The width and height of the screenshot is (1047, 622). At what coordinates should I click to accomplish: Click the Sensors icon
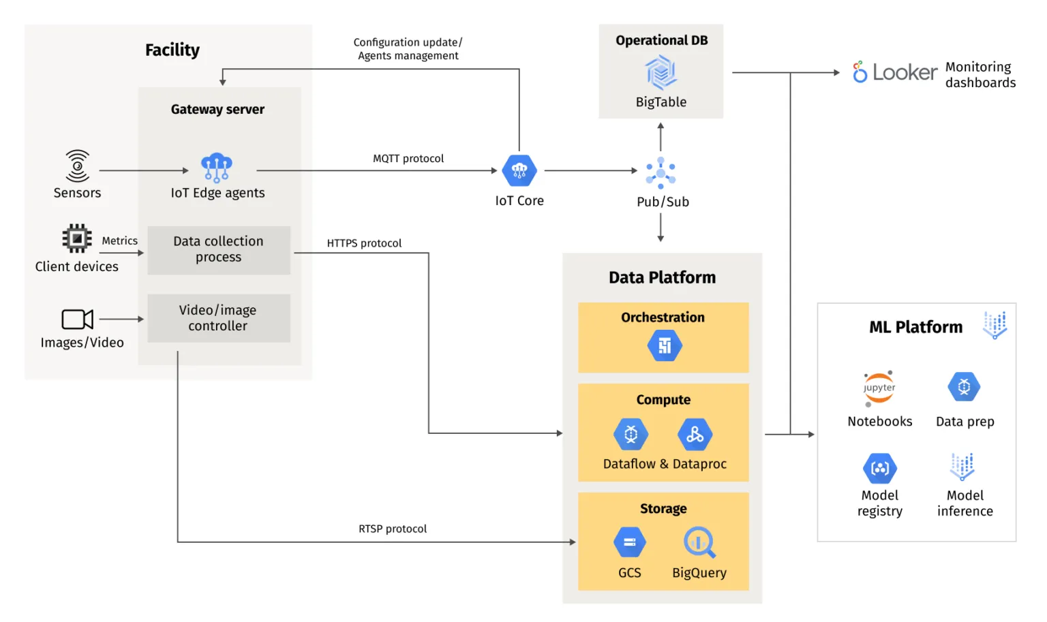[x=77, y=166]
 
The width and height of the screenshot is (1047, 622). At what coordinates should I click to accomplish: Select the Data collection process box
[x=219, y=250]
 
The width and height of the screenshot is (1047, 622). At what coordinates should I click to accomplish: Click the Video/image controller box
[x=219, y=318]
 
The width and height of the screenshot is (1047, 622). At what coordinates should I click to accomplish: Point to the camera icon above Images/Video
[x=77, y=319]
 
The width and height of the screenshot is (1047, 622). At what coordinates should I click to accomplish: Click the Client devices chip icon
[x=77, y=238]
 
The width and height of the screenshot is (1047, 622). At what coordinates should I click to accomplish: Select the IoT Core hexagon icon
[x=519, y=170]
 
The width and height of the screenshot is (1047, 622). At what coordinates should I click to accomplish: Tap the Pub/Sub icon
[x=661, y=172]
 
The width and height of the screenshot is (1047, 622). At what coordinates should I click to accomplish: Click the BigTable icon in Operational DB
[x=661, y=73]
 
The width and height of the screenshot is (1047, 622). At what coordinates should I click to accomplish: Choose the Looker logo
[x=895, y=72]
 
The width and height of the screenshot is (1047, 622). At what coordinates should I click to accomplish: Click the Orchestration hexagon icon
[x=664, y=345]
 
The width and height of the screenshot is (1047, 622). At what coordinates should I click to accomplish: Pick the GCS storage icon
[x=630, y=542]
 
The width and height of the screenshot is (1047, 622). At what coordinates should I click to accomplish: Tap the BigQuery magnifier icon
[x=699, y=542]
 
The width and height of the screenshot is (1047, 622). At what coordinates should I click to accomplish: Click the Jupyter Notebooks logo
[x=879, y=388]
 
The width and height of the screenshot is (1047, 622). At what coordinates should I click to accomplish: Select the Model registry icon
[x=880, y=469]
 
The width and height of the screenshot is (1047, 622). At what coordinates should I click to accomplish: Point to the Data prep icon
[x=964, y=387]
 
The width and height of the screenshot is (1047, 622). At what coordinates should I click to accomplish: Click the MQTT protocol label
[x=408, y=159]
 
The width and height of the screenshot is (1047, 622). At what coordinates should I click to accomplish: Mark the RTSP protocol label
[x=393, y=529]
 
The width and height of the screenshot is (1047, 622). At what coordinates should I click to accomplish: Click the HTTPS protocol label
[x=364, y=243]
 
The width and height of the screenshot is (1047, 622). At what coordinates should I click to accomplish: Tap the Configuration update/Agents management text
[x=408, y=49]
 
